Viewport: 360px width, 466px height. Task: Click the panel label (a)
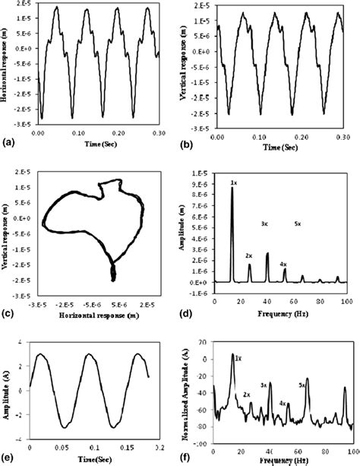pyautogui.click(x=7, y=141)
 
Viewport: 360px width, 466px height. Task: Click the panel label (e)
pyautogui.click(x=7, y=459)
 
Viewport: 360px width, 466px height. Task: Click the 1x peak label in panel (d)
pyautogui.click(x=234, y=183)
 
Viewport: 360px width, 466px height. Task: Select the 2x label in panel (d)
pyautogui.click(x=248, y=255)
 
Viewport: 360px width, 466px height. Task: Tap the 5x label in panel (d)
pyautogui.click(x=298, y=224)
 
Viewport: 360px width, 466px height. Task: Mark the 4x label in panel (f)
pyautogui.click(x=283, y=403)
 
